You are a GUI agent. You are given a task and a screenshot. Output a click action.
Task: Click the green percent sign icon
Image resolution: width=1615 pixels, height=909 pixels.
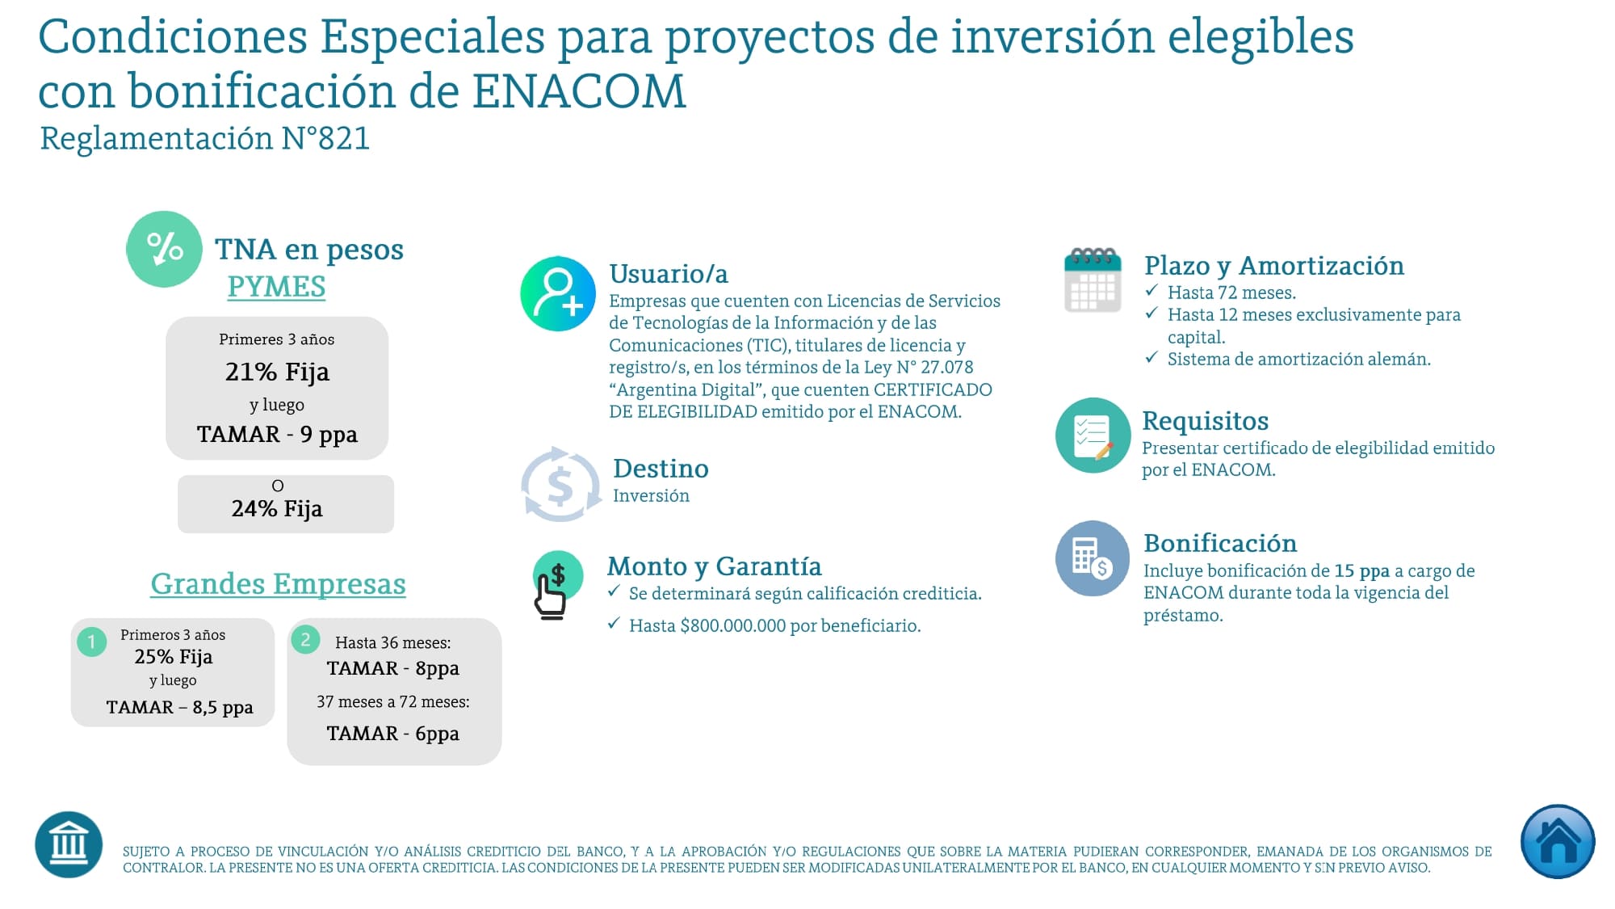(164, 249)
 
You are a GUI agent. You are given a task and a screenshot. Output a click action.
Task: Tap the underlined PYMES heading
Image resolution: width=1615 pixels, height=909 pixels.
(276, 287)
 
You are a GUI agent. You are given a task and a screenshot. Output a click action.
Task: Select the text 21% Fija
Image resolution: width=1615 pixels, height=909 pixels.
(277, 372)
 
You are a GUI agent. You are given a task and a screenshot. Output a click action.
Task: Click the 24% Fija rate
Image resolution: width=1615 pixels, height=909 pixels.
(277, 508)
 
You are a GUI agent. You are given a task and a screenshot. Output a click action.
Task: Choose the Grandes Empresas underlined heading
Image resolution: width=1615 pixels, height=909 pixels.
(278, 583)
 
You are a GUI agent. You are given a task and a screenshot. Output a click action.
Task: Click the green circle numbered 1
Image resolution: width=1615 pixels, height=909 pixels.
(92, 642)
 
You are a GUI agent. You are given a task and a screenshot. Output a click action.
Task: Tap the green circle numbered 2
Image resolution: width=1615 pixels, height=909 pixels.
(305, 640)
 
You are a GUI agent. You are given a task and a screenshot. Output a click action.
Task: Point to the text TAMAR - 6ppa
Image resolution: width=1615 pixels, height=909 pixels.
(392, 733)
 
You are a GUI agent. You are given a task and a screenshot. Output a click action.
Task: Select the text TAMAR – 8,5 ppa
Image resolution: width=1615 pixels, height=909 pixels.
(179, 707)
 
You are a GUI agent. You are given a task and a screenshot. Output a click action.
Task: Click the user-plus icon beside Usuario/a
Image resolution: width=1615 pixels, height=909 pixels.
(558, 293)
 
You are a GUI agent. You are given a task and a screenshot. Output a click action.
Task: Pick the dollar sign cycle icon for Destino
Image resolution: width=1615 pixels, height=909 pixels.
(560, 485)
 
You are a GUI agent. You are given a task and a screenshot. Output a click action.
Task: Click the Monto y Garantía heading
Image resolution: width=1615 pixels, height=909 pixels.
(714, 566)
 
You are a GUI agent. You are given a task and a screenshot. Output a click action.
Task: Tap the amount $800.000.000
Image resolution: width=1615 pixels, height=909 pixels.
(733, 625)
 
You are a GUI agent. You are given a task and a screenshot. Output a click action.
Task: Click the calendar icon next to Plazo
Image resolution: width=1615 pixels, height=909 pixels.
(1093, 280)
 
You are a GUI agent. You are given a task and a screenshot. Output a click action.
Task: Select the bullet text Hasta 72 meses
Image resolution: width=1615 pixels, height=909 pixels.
(1231, 292)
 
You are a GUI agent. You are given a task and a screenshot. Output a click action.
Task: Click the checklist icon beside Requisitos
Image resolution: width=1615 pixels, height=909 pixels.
(1093, 435)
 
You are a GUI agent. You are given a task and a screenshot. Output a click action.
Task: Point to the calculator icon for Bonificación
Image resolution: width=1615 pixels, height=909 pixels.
(1092, 558)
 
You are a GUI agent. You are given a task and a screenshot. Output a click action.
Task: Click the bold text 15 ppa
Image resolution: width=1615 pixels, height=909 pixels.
(1361, 570)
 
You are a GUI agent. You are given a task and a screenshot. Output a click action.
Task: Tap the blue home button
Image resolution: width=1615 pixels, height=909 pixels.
(1558, 841)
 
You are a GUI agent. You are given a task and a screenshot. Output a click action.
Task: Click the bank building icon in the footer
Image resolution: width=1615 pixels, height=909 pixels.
(69, 844)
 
